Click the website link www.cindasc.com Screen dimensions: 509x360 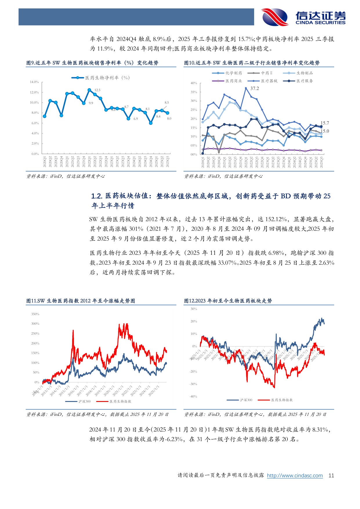[295, 476]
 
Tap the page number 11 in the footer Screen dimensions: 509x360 [331, 476]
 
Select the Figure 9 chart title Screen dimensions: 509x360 [92, 63]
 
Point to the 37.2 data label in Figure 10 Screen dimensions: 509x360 [254, 89]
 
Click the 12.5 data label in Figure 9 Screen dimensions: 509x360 [97, 90]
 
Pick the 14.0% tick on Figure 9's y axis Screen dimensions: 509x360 [34, 82]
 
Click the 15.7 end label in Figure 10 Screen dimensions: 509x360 [325, 123]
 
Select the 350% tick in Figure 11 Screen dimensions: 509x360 [35, 314]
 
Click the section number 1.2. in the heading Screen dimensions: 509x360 [97, 196]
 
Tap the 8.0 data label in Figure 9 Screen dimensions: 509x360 [169, 118]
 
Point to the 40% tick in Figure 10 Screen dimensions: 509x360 [194, 83]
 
